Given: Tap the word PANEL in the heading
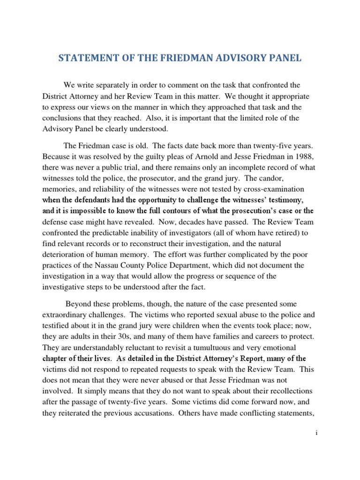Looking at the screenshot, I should pos(285,58).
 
